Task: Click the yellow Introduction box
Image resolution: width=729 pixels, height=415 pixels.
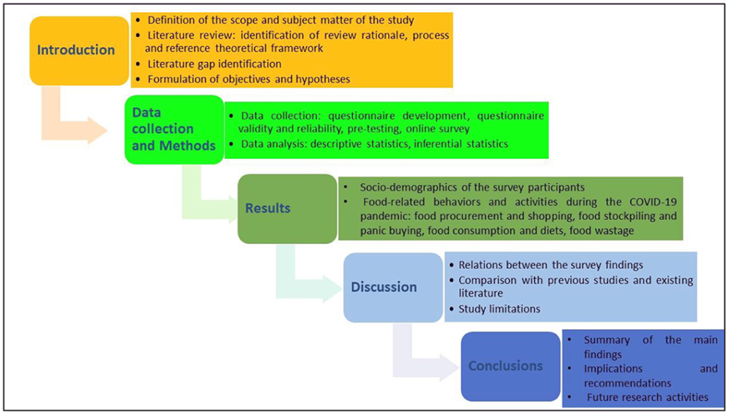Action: click(x=76, y=50)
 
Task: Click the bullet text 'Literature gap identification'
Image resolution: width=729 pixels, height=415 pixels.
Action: click(x=214, y=64)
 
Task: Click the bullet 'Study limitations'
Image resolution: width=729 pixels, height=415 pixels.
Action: click(x=499, y=309)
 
